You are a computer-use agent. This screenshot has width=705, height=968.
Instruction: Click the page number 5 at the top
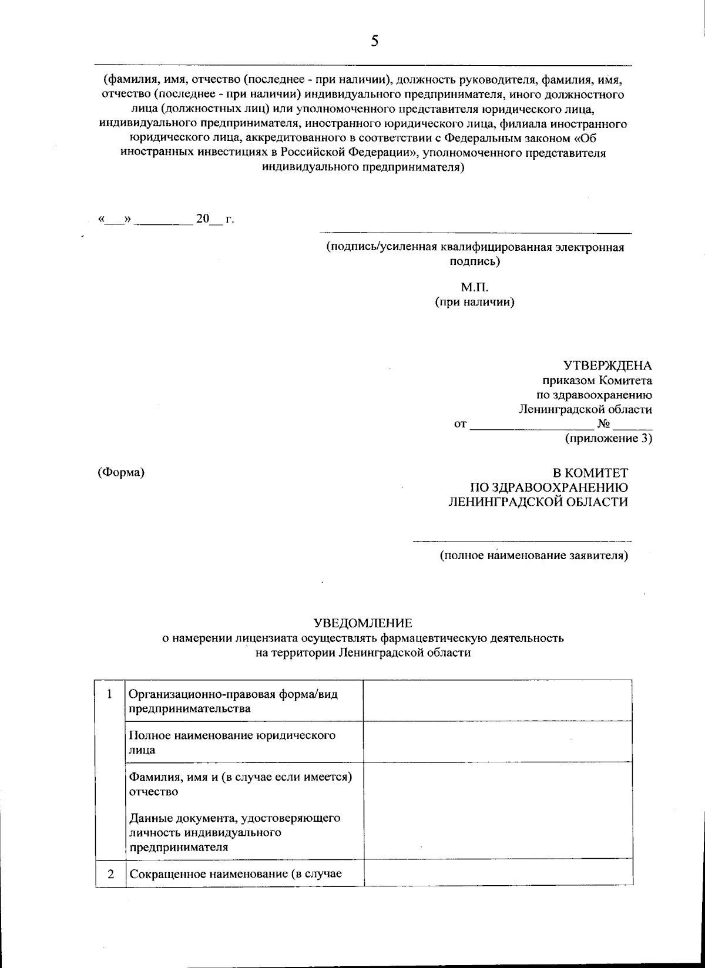374,42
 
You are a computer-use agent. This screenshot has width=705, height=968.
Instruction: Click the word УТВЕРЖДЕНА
607,366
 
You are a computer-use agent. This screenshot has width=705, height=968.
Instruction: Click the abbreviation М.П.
475,288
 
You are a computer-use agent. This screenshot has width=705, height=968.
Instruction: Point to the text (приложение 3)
608,438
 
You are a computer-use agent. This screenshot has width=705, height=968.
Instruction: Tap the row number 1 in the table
110,694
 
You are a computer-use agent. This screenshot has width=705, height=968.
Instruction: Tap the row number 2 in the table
110,873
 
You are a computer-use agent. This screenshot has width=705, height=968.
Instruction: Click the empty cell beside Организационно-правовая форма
498,700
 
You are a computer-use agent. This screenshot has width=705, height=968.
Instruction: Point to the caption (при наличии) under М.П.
475,303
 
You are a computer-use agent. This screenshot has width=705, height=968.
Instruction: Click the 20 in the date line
202,219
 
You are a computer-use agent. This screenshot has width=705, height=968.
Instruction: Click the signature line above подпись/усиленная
476,233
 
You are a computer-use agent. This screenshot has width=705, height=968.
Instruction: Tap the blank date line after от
532,426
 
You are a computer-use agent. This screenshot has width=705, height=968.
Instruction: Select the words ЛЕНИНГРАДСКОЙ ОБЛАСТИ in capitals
538,502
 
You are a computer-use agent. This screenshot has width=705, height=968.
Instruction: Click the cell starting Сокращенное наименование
236,873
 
